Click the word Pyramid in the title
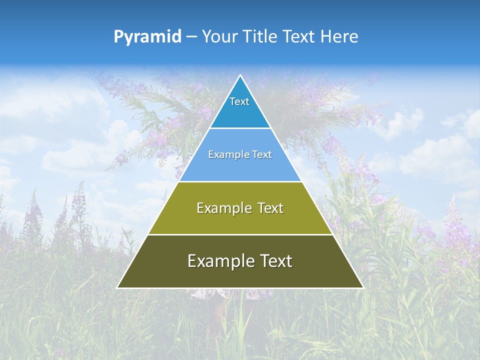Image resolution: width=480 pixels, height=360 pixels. click(x=147, y=36)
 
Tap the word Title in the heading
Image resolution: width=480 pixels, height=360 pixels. click(x=261, y=36)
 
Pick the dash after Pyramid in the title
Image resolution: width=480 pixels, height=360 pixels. click(x=191, y=37)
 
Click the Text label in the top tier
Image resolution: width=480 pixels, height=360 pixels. click(x=239, y=101)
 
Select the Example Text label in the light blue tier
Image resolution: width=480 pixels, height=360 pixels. click(x=240, y=154)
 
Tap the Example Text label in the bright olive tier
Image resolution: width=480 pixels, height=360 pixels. click(x=240, y=208)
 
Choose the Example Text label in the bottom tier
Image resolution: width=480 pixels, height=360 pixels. click(x=240, y=261)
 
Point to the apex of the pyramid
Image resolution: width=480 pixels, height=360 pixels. click(x=240, y=75)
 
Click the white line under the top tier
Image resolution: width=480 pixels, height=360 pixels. click(x=240, y=128)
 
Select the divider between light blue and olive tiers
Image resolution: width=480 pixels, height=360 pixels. click(x=240, y=181)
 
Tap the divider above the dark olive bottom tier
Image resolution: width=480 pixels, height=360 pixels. click(x=240, y=234)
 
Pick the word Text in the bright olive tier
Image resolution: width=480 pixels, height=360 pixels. click(x=268, y=208)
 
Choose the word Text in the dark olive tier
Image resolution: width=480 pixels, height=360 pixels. click(x=274, y=261)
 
